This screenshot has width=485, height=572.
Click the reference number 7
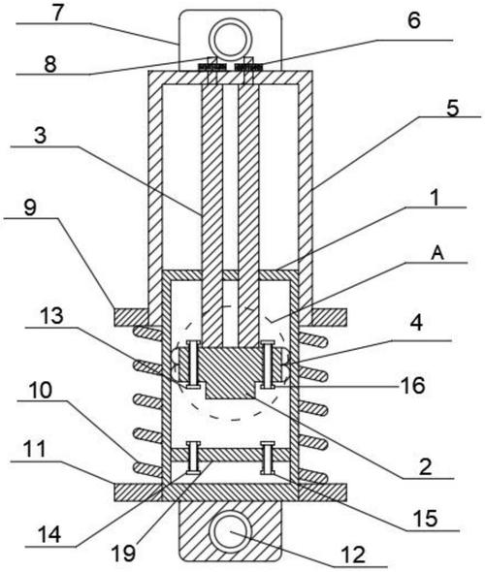[57, 14]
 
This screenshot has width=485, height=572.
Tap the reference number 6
[414, 20]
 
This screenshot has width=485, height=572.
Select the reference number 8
[50, 65]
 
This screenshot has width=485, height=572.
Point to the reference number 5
[453, 109]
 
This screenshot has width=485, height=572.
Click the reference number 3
[40, 135]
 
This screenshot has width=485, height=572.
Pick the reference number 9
[30, 207]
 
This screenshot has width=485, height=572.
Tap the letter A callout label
[437, 253]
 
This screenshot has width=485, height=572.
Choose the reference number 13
[51, 316]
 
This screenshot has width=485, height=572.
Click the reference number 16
[413, 385]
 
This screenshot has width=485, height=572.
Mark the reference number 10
[41, 391]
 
